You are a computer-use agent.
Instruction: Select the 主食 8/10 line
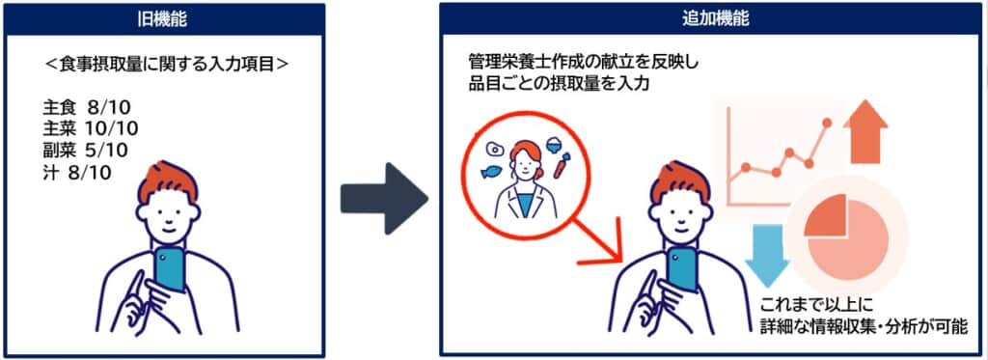click(x=86, y=106)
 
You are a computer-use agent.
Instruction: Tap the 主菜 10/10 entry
click(x=90, y=128)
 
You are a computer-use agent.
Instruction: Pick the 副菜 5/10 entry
click(x=85, y=151)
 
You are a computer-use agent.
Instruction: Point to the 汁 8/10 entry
click(x=76, y=172)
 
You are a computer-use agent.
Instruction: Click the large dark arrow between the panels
click(x=384, y=199)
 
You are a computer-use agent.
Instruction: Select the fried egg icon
click(x=493, y=150)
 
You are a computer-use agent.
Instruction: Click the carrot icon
click(x=561, y=165)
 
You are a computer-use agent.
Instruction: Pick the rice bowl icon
click(x=554, y=144)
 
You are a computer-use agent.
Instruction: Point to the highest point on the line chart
click(x=827, y=122)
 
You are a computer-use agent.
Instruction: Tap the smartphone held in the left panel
click(x=170, y=269)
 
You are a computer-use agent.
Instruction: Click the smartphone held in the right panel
click(x=682, y=269)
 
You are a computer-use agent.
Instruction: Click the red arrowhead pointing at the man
click(x=610, y=249)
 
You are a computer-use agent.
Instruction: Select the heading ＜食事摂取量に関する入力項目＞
click(x=168, y=65)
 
